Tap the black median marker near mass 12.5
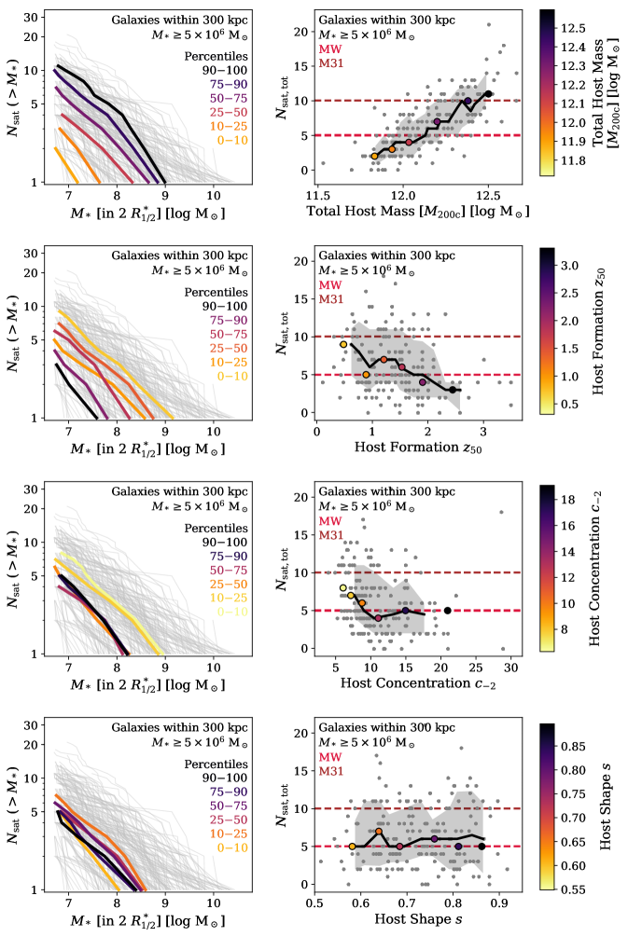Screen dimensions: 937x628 click(488, 93)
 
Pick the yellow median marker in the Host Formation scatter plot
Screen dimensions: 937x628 click(343, 344)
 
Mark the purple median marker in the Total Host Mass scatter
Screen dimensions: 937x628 click(438, 121)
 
